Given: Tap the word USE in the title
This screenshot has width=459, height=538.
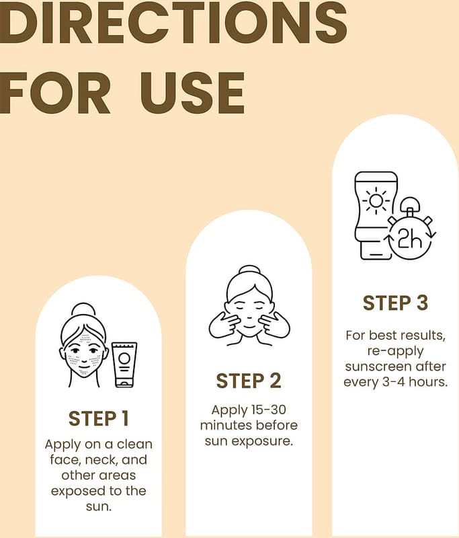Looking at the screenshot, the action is (x=192, y=93).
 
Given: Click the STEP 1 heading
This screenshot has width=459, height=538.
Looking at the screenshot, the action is (x=98, y=418).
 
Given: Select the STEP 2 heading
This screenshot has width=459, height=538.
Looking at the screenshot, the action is (x=249, y=381).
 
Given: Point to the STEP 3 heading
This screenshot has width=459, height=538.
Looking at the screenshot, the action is (x=395, y=303).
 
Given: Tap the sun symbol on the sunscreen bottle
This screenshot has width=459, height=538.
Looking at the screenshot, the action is (x=376, y=200).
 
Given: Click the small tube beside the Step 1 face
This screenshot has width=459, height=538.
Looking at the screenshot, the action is (x=124, y=364).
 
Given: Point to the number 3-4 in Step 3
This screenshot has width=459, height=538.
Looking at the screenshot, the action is (x=394, y=382).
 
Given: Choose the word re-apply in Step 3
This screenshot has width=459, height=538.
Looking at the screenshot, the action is (x=395, y=351).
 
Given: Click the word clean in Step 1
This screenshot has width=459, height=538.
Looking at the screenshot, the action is (x=134, y=444).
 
